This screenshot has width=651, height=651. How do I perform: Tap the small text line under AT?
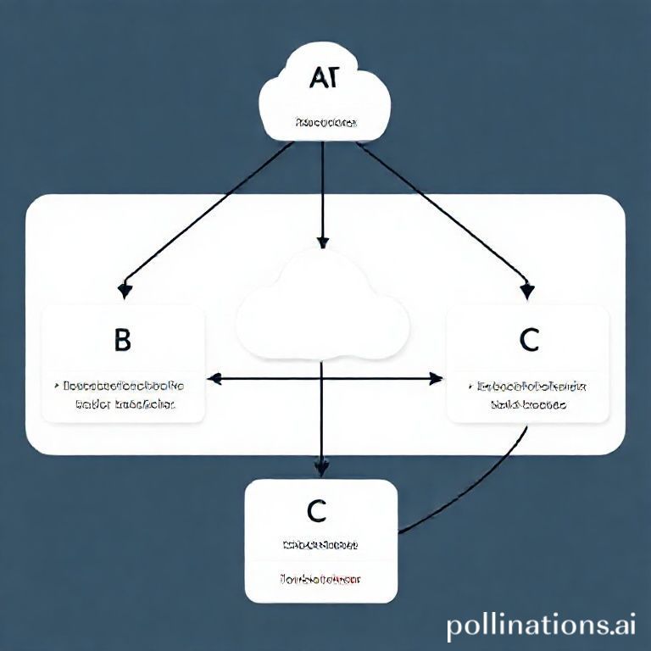(325, 123)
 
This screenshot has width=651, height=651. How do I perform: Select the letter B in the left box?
(122, 340)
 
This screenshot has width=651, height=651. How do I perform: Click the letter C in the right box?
(529, 340)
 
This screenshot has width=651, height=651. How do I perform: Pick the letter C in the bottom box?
(316, 511)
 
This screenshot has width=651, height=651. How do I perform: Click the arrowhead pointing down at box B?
(125, 291)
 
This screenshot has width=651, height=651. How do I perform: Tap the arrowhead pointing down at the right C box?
(527, 291)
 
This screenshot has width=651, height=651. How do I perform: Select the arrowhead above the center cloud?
(321, 242)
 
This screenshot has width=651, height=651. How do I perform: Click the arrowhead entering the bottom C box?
(321, 466)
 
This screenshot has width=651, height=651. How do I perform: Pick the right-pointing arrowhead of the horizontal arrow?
(437, 377)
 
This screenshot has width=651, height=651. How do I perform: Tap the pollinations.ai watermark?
(541, 626)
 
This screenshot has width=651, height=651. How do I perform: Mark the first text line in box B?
(124, 386)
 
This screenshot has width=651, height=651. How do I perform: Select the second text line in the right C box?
(528, 405)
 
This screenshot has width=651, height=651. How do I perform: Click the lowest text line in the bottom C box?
(320, 580)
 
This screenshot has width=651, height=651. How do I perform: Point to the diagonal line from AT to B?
(212, 212)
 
